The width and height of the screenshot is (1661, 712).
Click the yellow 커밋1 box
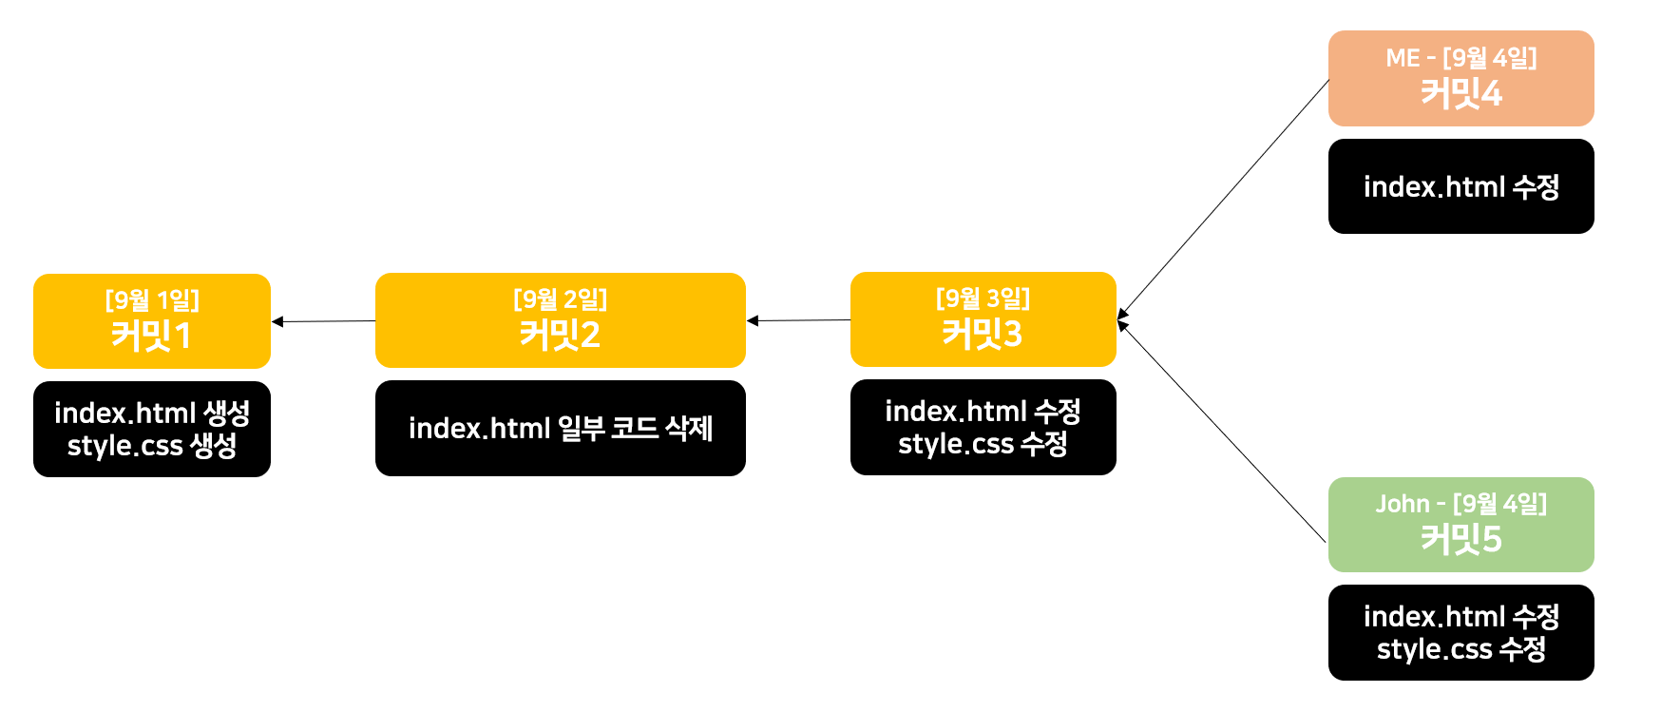pos(152,321)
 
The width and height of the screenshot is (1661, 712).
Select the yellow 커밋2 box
pos(560,320)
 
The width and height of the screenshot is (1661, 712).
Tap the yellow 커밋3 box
pos(983,319)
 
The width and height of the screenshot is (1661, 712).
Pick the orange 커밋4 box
pos(1461,78)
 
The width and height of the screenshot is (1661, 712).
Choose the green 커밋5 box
pos(1461,525)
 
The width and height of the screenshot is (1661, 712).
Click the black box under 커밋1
pos(152,429)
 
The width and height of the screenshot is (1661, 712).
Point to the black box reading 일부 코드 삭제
pos(560,428)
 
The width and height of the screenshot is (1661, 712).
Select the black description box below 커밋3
pos(983,427)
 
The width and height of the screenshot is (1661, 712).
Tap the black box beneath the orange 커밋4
pos(1461,186)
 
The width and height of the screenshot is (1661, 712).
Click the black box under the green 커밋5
pos(1461,632)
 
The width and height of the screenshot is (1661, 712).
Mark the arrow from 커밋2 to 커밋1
pos(323,321)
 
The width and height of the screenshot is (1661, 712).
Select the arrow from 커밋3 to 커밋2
pos(798,320)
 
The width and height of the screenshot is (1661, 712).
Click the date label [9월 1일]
pos(152,300)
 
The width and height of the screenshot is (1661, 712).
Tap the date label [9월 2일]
pos(560,299)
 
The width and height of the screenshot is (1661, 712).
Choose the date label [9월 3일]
pos(983,298)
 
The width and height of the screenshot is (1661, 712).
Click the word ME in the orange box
pos(1403,58)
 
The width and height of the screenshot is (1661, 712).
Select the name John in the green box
pos(1402,504)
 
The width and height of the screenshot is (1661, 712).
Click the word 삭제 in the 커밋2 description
pos(689,428)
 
